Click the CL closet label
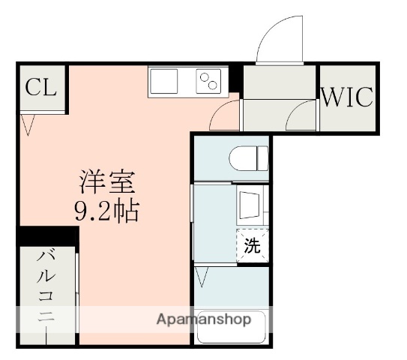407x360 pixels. pos(40,88)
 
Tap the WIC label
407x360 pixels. pos(348,97)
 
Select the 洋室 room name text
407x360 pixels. pos(107,182)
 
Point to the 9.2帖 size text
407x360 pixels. pos(106,211)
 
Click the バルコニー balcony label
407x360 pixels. pos(46,296)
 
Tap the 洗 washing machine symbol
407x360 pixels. pos(253,247)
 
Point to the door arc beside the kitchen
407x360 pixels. pos(225,116)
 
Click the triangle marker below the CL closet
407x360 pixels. pos(28,124)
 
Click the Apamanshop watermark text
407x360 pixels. pos(203,319)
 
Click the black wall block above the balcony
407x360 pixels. pos(46,235)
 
